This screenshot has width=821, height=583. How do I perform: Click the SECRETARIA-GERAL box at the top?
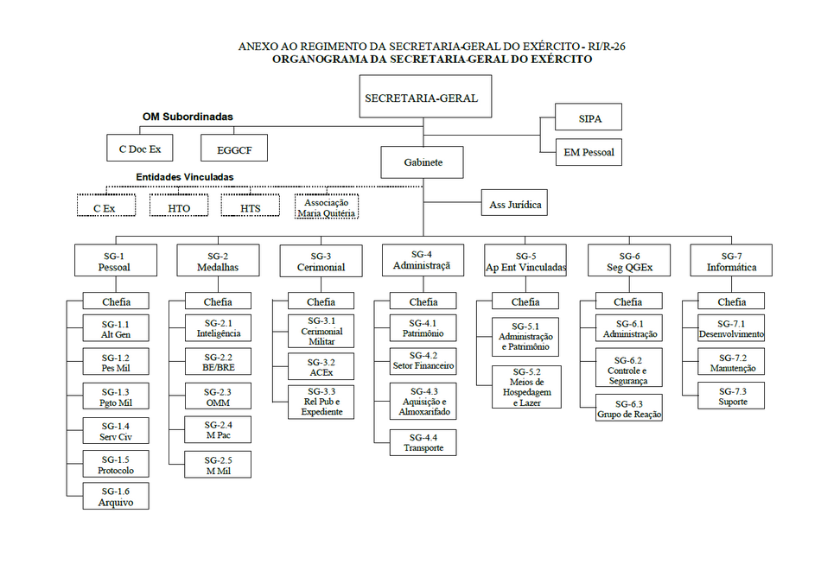point(425,96)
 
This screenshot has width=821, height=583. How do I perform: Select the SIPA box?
point(589,117)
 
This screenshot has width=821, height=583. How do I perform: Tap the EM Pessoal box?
point(589,152)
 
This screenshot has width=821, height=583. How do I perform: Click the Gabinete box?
point(422,162)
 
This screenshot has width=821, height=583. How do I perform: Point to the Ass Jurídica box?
point(514,202)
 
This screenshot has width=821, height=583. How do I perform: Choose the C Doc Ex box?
point(140,148)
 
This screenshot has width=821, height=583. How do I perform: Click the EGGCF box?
point(234,148)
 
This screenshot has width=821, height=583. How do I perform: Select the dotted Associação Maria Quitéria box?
point(326,206)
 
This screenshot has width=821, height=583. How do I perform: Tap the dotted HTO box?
point(179,206)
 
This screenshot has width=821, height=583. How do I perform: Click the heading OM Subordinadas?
point(188,117)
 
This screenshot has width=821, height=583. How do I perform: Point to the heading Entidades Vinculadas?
point(185,177)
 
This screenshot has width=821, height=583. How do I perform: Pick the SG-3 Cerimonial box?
point(321,261)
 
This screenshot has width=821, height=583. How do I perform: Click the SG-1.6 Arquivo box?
point(116,496)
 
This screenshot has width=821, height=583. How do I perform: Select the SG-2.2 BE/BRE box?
point(218,362)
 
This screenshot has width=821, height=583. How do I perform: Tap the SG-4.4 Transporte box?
point(423,443)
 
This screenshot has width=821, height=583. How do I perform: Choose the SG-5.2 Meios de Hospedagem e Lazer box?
point(526,387)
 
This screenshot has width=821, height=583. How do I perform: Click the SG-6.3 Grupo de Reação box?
point(629,408)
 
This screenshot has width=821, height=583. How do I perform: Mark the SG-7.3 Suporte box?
point(731,396)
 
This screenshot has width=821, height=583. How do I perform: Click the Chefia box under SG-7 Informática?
point(731,301)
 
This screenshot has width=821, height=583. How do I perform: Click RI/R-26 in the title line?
point(607,46)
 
